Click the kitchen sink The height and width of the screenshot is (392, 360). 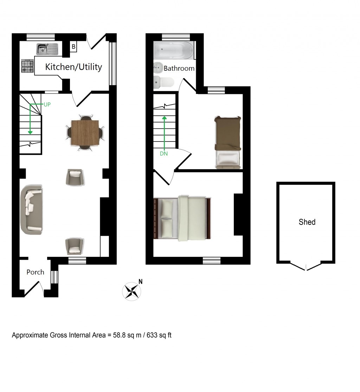pyautogui.click(x=47, y=49)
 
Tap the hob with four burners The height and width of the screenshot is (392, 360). pyautogui.click(x=27, y=66)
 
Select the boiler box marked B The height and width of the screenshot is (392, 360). pyautogui.click(x=73, y=46)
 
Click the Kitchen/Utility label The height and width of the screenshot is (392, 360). pyautogui.click(x=74, y=67)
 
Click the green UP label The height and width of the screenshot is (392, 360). pyautogui.click(x=47, y=105)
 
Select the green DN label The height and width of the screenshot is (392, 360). pyautogui.click(x=164, y=153)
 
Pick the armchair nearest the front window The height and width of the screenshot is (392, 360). pyautogui.click(x=74, y=246)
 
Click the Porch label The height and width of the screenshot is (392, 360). pyautogui.click(x=36, y=272)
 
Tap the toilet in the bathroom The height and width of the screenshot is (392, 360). pyautogui.click(x=164, y=82)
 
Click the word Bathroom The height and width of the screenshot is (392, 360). pyautogui.click(x=179, y=68)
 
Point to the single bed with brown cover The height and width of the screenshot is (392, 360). pyautogui.click(x=228, y=143)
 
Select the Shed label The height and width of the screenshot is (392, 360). pyautogui.click(x=307, y=222)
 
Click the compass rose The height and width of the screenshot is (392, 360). pyautogui.click(x=131, y=291)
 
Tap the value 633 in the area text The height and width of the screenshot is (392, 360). pyautogui.click(x=150, y=335)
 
